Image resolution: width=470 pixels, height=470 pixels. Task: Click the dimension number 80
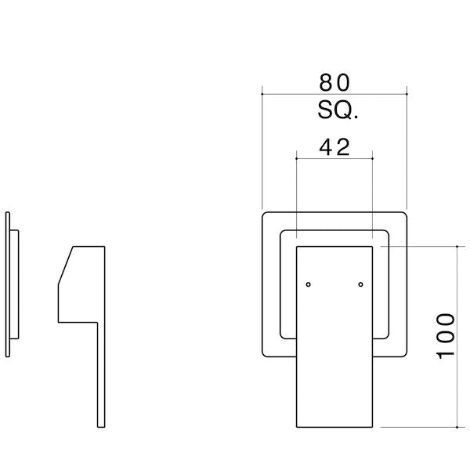coord(334,83)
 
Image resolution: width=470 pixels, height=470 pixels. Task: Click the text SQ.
coord(338,110)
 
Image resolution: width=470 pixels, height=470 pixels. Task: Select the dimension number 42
coord(334,147)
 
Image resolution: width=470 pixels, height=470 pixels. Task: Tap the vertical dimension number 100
coord(445,336)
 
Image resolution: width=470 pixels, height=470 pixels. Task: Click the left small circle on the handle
coord(308,284)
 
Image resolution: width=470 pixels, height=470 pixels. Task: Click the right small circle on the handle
coord(360,284)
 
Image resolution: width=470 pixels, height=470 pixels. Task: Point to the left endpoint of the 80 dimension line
coord(262,94)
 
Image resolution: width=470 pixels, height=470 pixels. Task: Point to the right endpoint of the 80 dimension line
coord(407,94)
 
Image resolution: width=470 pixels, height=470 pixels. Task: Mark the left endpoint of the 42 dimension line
coord(296,158)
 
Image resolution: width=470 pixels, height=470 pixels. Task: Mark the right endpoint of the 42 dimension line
coord(372,158)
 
